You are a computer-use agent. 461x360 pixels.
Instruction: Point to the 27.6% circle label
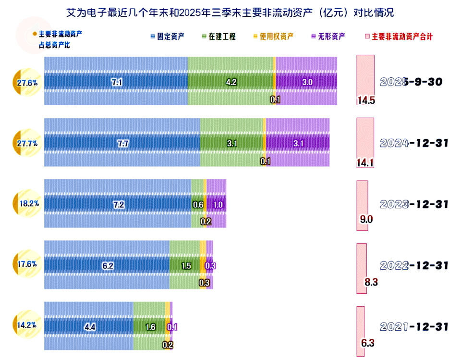(27, 83)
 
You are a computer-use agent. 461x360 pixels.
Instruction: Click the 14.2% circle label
(27, 325)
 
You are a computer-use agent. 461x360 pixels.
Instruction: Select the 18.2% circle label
(27, 204)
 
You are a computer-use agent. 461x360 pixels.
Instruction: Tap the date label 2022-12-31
(414, 265)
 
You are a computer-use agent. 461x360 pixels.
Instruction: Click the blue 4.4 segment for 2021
(89, 327)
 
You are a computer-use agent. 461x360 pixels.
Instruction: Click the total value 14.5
(365, 101)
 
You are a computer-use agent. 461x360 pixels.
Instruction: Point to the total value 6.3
(367, 343)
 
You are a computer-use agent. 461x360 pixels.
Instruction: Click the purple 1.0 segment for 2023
(217, 204)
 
